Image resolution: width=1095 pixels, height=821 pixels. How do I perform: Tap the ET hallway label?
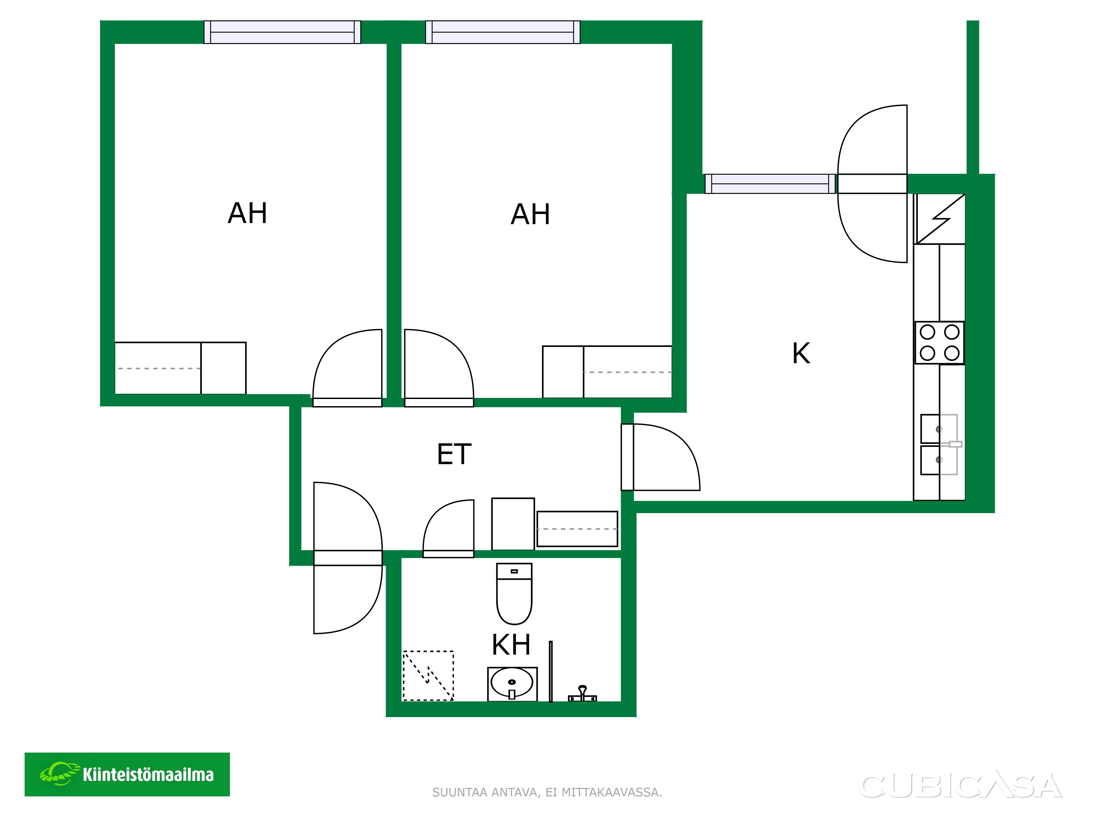coord(454,454)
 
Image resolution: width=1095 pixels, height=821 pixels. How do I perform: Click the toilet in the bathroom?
coord(514,593)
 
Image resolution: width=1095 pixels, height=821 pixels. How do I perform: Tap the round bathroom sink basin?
coord(512,683)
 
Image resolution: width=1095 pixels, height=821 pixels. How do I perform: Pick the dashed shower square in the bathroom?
coord(428,675)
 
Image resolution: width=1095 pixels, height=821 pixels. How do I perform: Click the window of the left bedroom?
coord(282,32)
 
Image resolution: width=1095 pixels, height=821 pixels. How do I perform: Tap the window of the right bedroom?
coord(502,32)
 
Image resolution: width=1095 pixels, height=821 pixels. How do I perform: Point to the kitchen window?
coord(770,184)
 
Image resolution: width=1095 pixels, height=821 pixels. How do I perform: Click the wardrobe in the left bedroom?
coord(180,368)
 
